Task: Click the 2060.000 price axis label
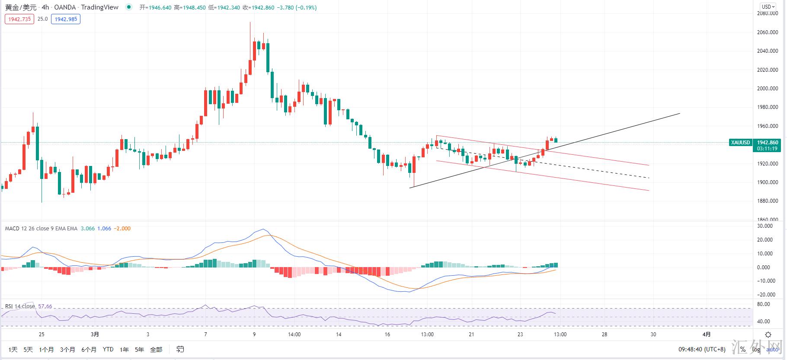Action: [768, 32]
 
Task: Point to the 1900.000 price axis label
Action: [768, 182]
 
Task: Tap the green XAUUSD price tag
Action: [740, 143]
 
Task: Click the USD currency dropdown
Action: [768, 7]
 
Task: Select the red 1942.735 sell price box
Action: [19, 19]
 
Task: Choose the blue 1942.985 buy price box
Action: [66, 19]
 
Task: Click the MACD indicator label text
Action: [41, 229]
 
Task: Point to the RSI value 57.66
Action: [45, 306]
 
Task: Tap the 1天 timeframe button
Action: [13, 349]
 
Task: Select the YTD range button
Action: [108, 349]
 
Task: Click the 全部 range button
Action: [156, 349]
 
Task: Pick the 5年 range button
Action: [139, 349]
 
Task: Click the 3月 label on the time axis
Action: [95, 334]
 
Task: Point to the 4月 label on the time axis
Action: [706, 334]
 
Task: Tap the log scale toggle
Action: [755, 349]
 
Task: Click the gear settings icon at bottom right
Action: [768, 335]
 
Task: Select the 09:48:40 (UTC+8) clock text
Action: [702, 349]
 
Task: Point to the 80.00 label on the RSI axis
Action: [764, 304]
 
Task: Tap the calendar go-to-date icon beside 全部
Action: [180, 349]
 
